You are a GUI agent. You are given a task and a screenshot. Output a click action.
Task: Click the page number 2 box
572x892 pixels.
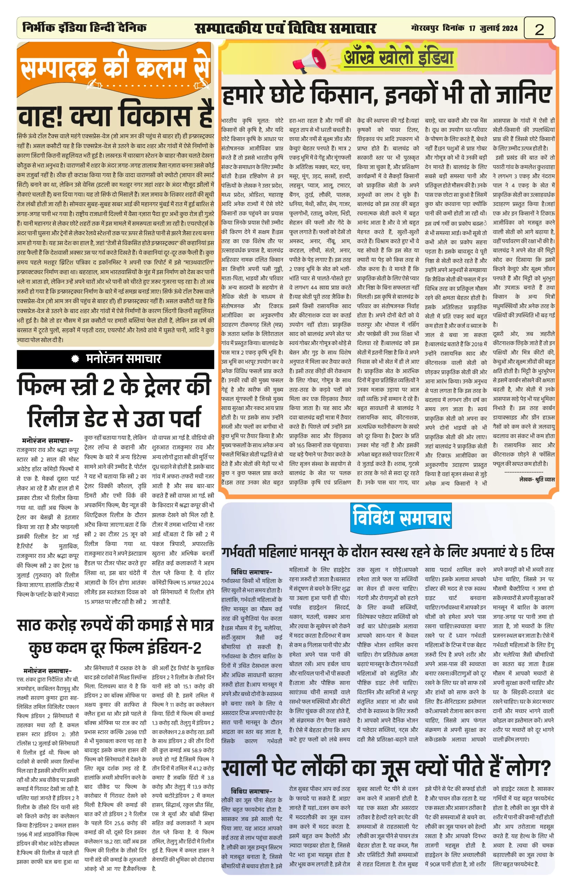(539, 28)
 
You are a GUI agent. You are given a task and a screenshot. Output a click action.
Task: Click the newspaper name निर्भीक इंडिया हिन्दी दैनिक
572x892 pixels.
(84, 28)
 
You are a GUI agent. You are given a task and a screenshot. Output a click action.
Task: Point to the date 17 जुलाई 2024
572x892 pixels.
(493, 28)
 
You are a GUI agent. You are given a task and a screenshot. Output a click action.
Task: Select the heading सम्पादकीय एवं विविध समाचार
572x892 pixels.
(285, 28)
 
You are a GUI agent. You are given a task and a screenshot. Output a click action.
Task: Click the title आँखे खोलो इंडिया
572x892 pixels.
(398, 57)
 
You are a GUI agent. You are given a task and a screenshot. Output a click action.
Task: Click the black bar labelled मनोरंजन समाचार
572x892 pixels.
(115, 359)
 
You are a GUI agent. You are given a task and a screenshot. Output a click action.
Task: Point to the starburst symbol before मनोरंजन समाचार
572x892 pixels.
(75, 359)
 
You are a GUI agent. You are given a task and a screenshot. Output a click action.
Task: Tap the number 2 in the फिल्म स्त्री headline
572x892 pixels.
(108, 386)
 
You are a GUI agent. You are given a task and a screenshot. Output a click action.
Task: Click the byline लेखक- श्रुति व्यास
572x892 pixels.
(537, 479)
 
